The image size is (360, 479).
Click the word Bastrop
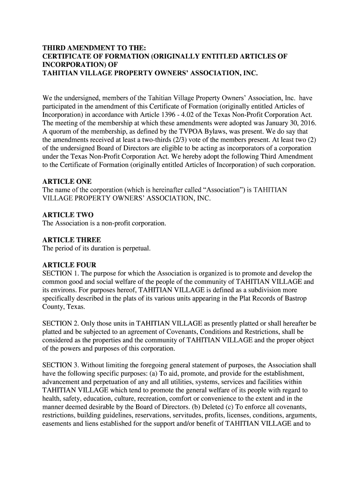(x=294, y=298)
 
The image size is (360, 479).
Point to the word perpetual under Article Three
(x=136, y=248)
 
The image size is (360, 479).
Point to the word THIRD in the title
(x=56, y=48)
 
